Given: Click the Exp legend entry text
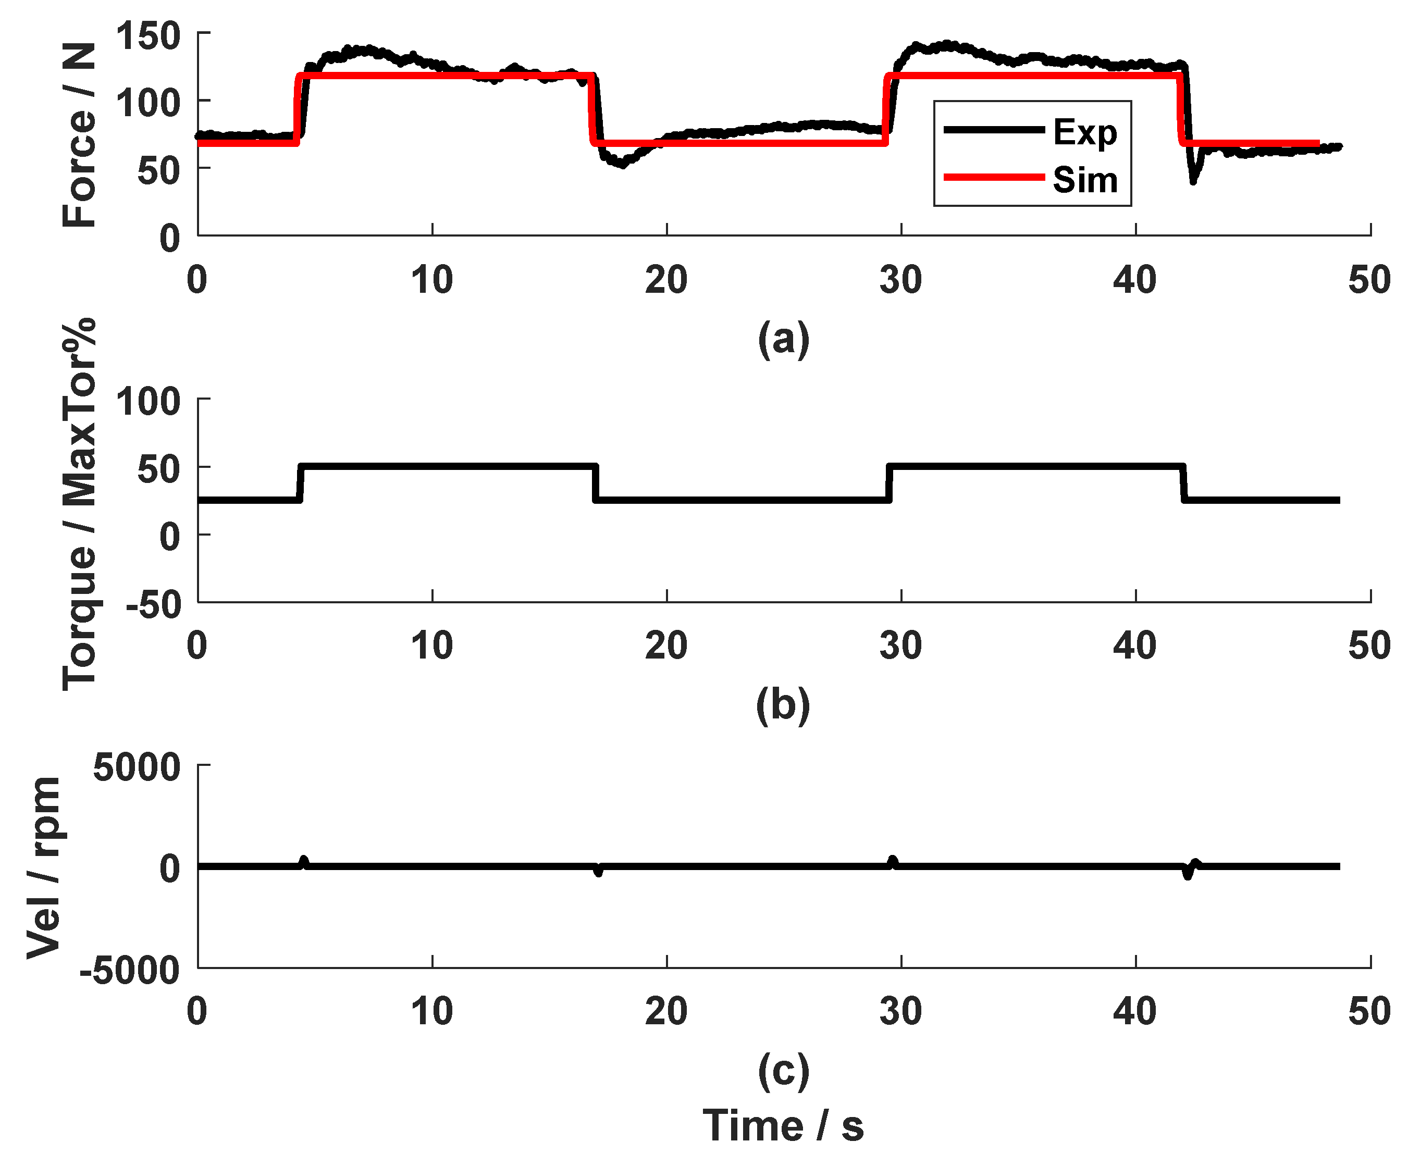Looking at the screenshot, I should pyautogui.click(x=1084, y=132).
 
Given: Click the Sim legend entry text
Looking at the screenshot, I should pyautogui.click(x=1084, y=179).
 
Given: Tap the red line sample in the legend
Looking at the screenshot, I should pyautogui.click(x=994, y=177).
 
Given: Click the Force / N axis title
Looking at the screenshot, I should pyautogui.click(x=79, y=134).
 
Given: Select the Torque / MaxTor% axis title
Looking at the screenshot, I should pyautogui.click(x=79, y=504).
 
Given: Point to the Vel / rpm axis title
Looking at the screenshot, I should pyautogui.click(x=44, y=867).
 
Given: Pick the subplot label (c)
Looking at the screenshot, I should pyautogui.click(x=783, y=1070).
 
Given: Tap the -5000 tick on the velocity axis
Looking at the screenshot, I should pyautogui.click(x=130, y=971).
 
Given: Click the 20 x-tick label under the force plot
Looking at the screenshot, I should pyautogui.click(x=666, y=280).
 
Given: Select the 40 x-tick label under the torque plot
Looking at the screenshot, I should pyautogui.click(x=1135, y=646).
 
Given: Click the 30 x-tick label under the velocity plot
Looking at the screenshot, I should pyautogui.click(x=901, y=1011).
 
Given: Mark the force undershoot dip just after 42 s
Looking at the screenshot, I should pyautogui.click(x=1194, y=178).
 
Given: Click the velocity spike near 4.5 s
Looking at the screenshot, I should pyautogui.click(x=304, y=862).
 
